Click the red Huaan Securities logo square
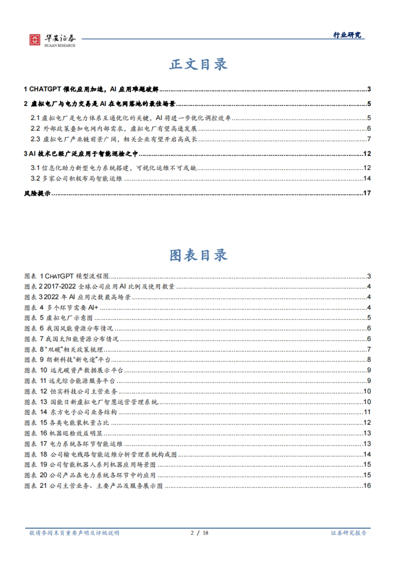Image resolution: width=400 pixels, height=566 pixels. (x=34, y=40)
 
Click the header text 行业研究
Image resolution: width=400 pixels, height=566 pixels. (x=347, y=35)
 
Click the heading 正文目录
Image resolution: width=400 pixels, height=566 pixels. (x=198, y=64)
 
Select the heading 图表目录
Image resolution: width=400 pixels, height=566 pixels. (x=198, y=255)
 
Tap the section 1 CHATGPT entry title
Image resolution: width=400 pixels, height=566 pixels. (x=91, y=89)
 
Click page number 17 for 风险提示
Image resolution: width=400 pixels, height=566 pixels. (x=367, y=193)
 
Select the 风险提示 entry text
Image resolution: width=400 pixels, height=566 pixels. (x=37, y=193)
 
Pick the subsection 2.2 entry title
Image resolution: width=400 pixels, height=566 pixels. (x=114, y=129)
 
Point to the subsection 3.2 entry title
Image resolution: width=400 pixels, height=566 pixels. (x=76, y=179)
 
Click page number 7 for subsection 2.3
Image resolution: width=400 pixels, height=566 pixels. (x=369, y=139)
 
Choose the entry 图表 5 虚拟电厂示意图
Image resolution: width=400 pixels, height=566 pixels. (x=58, y=318)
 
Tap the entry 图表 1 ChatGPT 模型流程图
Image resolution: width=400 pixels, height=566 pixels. (x=67, y=276)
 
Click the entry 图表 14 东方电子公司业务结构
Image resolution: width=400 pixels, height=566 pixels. (x=70, y=412)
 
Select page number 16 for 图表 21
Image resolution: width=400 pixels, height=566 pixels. (x=367, y=486)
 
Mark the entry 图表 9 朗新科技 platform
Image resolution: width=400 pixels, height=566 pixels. (x=67, y=360)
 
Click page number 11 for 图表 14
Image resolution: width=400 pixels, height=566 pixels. (x=367, y=412)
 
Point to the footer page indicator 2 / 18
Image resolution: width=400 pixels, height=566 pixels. (x=199, y=533)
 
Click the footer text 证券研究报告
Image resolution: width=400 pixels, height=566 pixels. (x=348, y=533)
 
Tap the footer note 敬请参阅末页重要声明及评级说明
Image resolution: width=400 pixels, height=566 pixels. (x=74, y=533)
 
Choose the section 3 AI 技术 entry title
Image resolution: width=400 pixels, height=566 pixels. (x=81, y=154)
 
